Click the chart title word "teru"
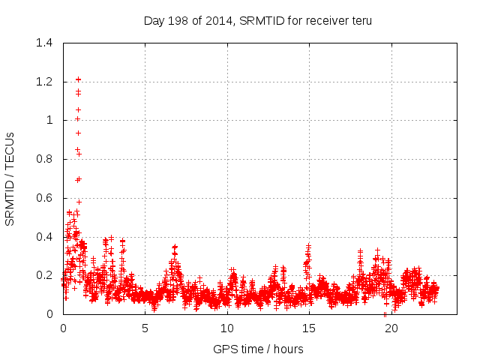360,21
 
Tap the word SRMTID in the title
261,21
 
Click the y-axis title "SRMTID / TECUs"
10,178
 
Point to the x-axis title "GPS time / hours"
258,349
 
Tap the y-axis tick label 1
49,120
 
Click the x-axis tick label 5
145,328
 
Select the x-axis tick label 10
227,328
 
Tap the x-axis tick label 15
309,328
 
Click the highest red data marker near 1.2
78,79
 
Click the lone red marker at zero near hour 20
385,314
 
